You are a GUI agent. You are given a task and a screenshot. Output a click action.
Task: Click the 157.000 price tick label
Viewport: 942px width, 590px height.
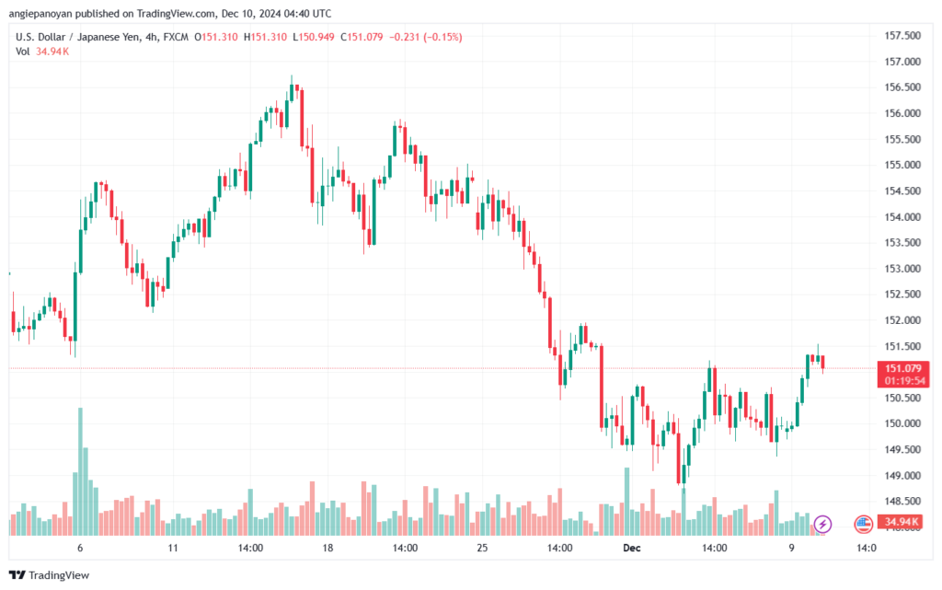point(902,62)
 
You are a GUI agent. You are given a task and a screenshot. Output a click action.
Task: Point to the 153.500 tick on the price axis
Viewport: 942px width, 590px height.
point(902,243)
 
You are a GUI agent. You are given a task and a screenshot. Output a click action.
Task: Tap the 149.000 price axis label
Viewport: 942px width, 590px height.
point(902,475)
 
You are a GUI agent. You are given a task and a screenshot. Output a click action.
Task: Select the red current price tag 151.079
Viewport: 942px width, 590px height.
point(903,368)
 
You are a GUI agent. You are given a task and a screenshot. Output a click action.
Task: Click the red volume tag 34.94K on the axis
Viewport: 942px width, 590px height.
point(902,522)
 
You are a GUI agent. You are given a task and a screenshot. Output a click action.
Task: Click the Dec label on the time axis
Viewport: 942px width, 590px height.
point(631,548)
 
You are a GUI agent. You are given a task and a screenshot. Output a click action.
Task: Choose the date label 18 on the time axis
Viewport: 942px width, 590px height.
point(327,548)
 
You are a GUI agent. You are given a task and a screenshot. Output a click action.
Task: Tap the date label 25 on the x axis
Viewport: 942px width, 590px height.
point(482,548)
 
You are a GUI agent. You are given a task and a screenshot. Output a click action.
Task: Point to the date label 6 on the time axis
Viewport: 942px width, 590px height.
point(80,548)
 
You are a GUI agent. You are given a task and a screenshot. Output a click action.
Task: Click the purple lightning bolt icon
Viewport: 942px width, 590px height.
point(822,524)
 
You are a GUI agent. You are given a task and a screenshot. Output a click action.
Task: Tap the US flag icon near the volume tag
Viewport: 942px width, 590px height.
point(863,524)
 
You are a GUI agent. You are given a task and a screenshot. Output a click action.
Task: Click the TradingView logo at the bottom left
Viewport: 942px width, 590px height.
point(50,575)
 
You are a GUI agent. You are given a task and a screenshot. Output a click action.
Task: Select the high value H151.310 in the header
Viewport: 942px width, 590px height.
point(265,37)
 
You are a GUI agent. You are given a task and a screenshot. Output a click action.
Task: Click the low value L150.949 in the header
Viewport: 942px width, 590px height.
point(314,37)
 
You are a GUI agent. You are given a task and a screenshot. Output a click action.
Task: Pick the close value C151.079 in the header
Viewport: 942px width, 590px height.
point(362,37)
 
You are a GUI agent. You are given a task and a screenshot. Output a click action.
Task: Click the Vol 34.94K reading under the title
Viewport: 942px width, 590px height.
point(42,52)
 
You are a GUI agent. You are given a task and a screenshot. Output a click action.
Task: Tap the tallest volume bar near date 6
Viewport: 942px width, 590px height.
point(81,471)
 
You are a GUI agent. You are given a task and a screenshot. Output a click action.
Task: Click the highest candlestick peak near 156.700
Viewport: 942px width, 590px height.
point(292,76)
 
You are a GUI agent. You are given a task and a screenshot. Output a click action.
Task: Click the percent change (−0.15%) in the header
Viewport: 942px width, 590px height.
point(442,37)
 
